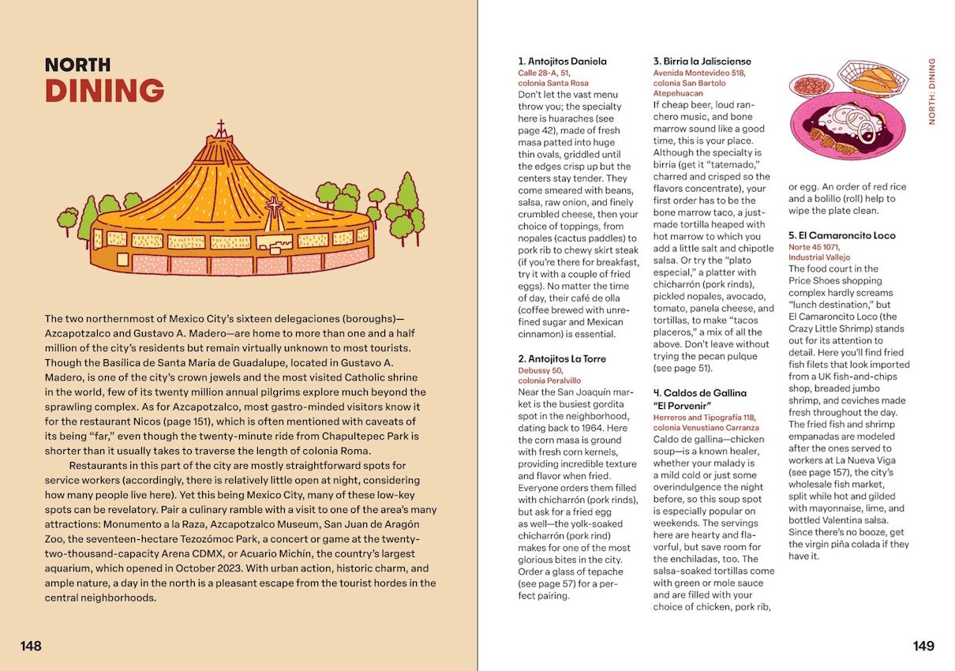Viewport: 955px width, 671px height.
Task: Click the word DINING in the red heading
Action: coord(104,91)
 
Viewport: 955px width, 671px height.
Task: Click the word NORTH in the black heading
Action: coord(77,65)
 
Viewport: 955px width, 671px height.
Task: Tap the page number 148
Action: coord(31,646)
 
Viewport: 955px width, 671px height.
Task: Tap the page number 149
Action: coord(923,646)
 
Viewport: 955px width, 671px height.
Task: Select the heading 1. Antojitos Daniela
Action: coord(562,61)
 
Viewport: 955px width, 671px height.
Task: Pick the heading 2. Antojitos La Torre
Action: coord(562,358)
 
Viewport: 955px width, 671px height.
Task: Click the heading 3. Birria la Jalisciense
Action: coord(702,61)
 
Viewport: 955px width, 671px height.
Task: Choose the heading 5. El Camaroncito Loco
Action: coord(841,235)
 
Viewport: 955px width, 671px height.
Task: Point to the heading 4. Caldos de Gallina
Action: coord(699,392)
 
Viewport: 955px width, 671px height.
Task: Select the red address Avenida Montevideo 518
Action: coord(698,73)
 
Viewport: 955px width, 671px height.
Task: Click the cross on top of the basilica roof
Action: coord(221,127)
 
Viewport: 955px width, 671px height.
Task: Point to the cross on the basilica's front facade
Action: coord(275,208)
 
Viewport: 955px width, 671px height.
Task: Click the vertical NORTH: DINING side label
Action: coord(931,91)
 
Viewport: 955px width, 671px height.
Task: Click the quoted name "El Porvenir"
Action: coord(682,406)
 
